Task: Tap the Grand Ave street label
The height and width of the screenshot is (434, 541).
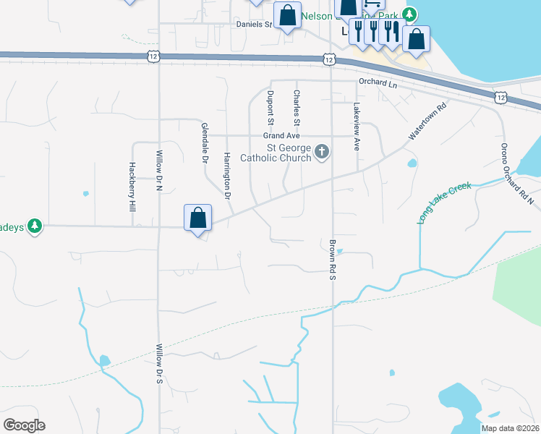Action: coord(281,136)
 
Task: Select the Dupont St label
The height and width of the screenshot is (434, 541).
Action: coord(270,105)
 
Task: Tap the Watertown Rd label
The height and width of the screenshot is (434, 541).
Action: coord(428,120)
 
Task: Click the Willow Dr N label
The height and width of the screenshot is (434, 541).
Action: coord(160,171)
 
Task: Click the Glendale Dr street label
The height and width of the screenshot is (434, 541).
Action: coord(204,142)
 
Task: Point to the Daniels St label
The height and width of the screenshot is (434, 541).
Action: coord(253,24)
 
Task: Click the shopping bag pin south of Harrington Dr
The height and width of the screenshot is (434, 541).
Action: coord(197,218)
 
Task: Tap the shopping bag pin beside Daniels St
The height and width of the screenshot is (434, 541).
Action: coord(287,15)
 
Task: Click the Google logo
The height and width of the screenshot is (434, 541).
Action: coord(24,425)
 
